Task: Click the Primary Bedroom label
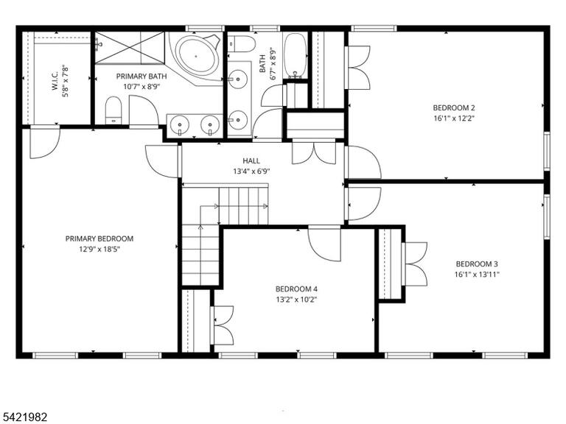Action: (99, 239)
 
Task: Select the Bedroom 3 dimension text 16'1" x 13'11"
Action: (477, 275)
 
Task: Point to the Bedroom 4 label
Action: (296, 289)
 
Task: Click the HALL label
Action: (251, 160)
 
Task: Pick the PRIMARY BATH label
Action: (141, 77)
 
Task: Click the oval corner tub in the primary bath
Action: (197, 56)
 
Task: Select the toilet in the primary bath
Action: (113, 110)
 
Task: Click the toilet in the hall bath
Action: (242, 43)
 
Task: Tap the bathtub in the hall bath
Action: (296, 56)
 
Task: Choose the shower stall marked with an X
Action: (130, 48)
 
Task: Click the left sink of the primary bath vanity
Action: (179, 124)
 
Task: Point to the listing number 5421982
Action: (24, 417)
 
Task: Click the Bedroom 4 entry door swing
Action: (324, 244)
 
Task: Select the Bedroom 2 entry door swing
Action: (363, 162)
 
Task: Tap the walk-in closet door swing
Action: (44, 142)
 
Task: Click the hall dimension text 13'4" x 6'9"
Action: (251, 172)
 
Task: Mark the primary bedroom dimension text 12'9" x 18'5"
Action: (99, 249)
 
